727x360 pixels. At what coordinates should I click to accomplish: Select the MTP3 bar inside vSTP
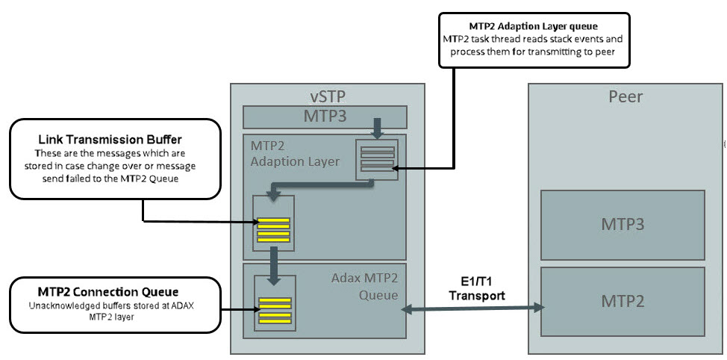point(325,117)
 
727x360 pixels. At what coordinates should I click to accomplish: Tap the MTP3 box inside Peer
point(623,225)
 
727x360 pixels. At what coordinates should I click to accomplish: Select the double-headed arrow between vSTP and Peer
point(475,307)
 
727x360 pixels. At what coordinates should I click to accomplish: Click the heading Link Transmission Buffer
point(110,140)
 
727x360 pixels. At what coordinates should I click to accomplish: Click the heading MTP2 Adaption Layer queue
point(534,25)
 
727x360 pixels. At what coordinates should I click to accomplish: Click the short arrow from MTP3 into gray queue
point(376,129)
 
